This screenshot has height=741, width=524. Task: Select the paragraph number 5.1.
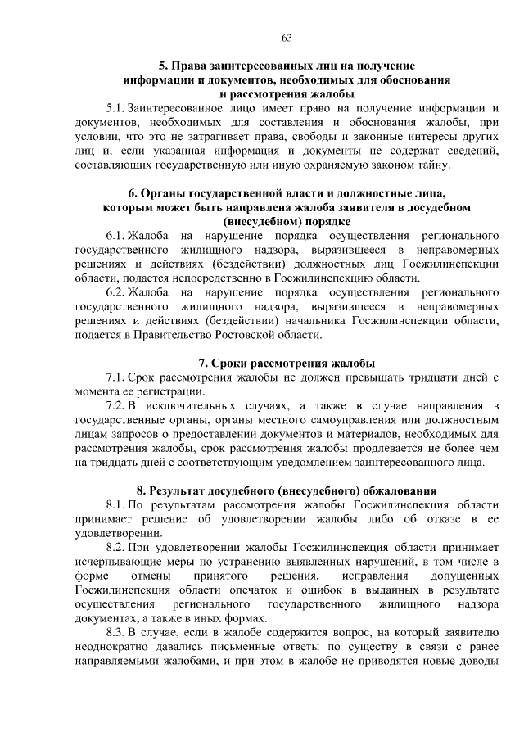point(116,108)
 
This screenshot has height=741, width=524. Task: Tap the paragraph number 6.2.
point(116,291)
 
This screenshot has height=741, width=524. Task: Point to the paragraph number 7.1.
point(116,377)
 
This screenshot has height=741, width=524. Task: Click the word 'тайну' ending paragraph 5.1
point(431,165)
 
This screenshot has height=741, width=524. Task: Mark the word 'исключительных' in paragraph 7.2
point(188,406)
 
